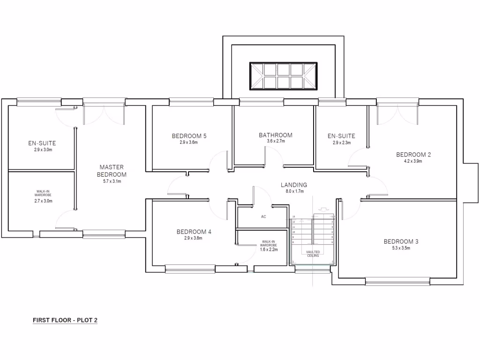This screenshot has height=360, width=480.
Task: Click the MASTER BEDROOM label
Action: [112, 170]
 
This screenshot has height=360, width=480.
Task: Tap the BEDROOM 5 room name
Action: [189, 136]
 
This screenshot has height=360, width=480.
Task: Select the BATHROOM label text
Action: [276, 135]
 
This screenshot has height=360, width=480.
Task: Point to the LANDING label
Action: [294, 185]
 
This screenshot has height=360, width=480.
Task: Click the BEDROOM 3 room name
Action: [401, 241]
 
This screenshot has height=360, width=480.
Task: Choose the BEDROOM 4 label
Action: [194, 232]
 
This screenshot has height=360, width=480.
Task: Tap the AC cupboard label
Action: [263, 217]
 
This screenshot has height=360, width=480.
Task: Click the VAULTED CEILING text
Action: [313, 254]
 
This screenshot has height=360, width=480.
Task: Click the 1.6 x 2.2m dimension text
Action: [269, 249]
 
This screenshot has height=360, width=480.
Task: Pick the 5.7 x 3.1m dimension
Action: [112, 181]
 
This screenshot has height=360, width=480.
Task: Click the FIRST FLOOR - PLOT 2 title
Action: [65, 320]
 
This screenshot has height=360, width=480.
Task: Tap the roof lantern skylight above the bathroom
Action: [283, 75]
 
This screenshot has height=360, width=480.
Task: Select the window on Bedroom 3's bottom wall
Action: [397, 281]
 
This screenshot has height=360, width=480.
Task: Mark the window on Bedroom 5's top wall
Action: [191, 101]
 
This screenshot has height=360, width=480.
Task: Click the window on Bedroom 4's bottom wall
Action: [190, 269]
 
